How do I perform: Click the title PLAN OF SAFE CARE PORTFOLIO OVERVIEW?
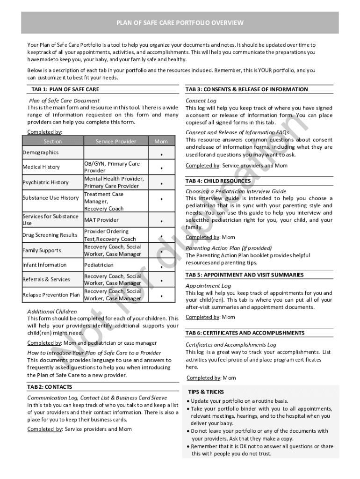pos(180,23)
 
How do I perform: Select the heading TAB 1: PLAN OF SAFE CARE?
pos(65,89)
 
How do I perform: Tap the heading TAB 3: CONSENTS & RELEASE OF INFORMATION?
pos(246,89)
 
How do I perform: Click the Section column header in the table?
pos(52,141)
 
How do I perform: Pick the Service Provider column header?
pos(115,141)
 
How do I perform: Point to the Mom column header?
pos(161,141)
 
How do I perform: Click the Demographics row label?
pos(41,152)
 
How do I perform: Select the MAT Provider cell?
pos(101,220)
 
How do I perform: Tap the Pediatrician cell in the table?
pos(99,265)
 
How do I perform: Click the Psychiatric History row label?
pos(45,182)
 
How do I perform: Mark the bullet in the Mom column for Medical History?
pos(161,168)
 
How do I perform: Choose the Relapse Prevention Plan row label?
pos(51,295)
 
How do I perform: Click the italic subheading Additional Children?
pos(52,311)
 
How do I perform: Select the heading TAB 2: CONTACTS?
pos(50,387)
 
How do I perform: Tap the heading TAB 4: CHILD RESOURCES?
pos(218,181)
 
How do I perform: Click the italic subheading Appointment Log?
pos(208,285)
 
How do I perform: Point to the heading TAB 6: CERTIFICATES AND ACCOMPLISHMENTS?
pos(245,333)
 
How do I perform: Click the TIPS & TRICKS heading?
pos(206,392)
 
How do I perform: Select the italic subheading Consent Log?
pos(201,101)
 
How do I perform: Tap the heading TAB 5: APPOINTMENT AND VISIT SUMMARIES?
pos(244,275)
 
